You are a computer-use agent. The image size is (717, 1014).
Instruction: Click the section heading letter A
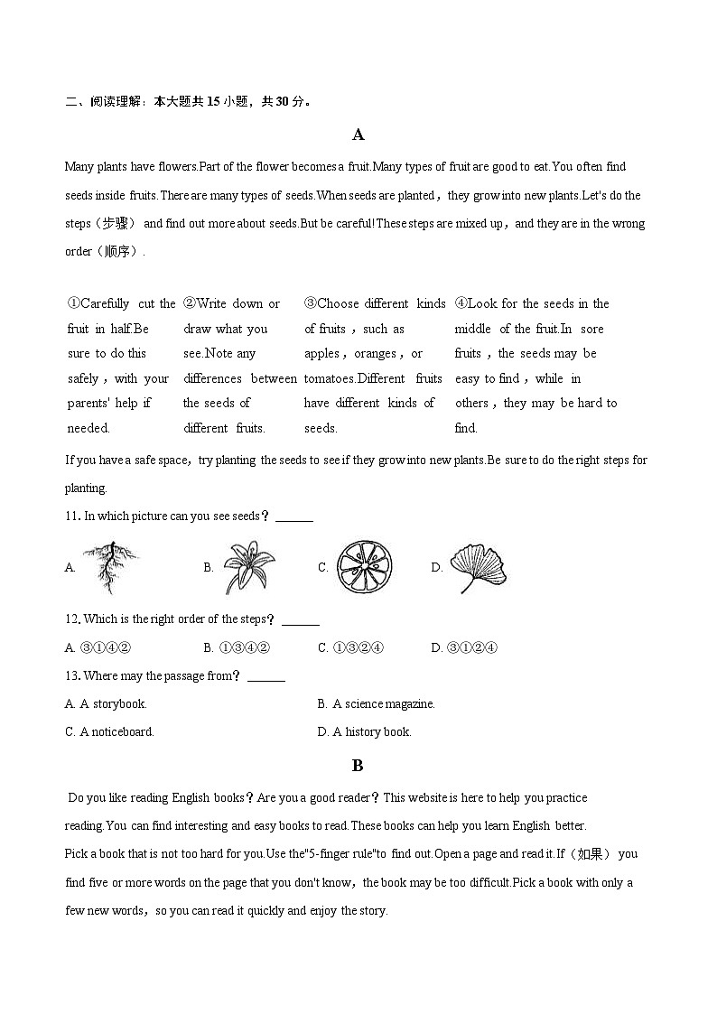tap(358, 135)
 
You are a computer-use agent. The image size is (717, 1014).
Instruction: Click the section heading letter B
tap(358, 765)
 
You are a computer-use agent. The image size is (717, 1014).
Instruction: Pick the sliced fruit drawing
tap(365, 567)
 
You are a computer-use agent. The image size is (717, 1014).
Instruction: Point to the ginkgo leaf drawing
tap(479, 567)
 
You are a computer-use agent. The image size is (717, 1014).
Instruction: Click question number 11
tap(73, 516)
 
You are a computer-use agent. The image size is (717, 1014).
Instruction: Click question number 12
tap(73, 619)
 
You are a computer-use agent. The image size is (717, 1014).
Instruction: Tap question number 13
tap(73, 675)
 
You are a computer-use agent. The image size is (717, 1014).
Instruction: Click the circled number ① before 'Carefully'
tap(73, 304)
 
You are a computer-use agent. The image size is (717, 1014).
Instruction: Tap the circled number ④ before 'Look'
tap(461, 304)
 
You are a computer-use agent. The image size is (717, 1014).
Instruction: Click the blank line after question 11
tap(294, 518)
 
